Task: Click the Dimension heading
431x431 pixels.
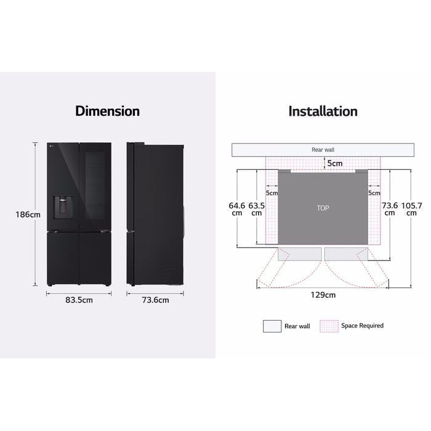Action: click(107, 111)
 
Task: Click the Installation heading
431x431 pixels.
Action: click(323, 111)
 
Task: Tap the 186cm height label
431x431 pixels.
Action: click(28, 215)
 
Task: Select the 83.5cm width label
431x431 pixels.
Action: click(78, 300)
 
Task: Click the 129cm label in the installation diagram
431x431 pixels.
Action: click(323, 295)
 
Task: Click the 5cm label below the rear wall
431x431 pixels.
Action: click(334, 163)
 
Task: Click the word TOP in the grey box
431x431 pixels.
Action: click(323, 208)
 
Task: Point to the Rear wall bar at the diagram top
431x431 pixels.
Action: click(323, 150)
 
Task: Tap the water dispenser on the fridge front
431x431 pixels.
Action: click(64, 206)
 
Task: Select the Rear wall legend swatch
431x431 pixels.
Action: click(272, 326)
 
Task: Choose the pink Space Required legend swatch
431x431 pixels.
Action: click(329, 326)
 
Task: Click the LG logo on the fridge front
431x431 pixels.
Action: click(52, 146)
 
